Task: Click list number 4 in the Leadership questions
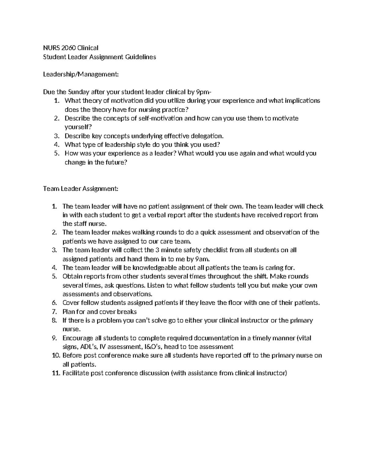(x=56, y=145)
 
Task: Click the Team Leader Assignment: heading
(x=80, y=189)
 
